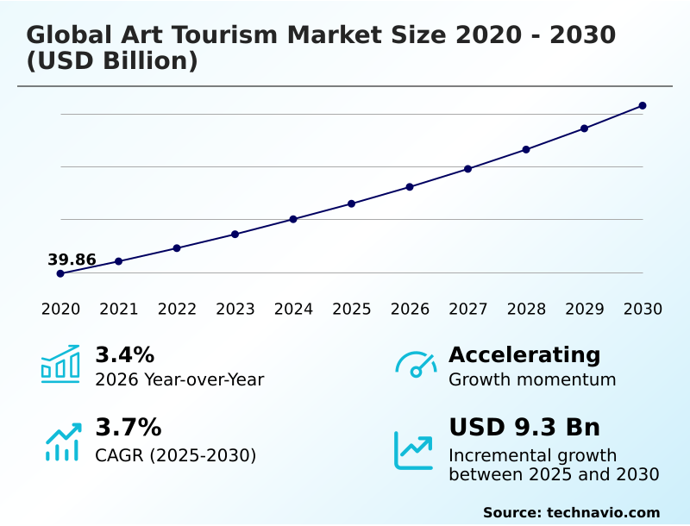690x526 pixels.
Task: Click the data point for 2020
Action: pyautogui.click(x=60, y=273)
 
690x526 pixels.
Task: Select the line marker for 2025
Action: pyautogui.click(x=352, y=204)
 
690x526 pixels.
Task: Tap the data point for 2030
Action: pyautogui.click(x=643, y=106)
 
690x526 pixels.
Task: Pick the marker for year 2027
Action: pyautogui.click(x=468, y=169)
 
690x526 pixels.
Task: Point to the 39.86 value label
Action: pyautogui.click(x=72, y=260)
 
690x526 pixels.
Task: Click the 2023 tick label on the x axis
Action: pyautogui.click(x=235, y=310)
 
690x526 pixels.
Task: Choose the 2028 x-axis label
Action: pyautogui.click(x=526, y=310)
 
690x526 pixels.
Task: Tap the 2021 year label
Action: pyautogui.click(x=119, y=310)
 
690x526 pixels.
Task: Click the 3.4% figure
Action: pyautogui.click(x=124, y=354)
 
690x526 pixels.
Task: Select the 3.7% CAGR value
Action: pyautogui.click(x=128, y=427)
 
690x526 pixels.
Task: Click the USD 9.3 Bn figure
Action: pyautogui.click(x=524, y=427)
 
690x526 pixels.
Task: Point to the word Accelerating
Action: pyautogui.click(x=524, y=354)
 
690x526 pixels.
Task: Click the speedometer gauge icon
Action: pyautogui.click(x=416, y=365)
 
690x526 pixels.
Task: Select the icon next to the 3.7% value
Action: pyautogui.click(x=62, y=441)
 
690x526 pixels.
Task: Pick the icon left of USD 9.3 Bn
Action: pyautogui.click(x=414, y=449)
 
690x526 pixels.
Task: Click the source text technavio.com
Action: pyautogui.click(x=603, y=512)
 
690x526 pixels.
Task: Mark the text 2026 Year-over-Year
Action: pyautogui.click(x=179, y=379)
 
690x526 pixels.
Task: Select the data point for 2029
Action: pyautogui.click(x=584, y=128)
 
